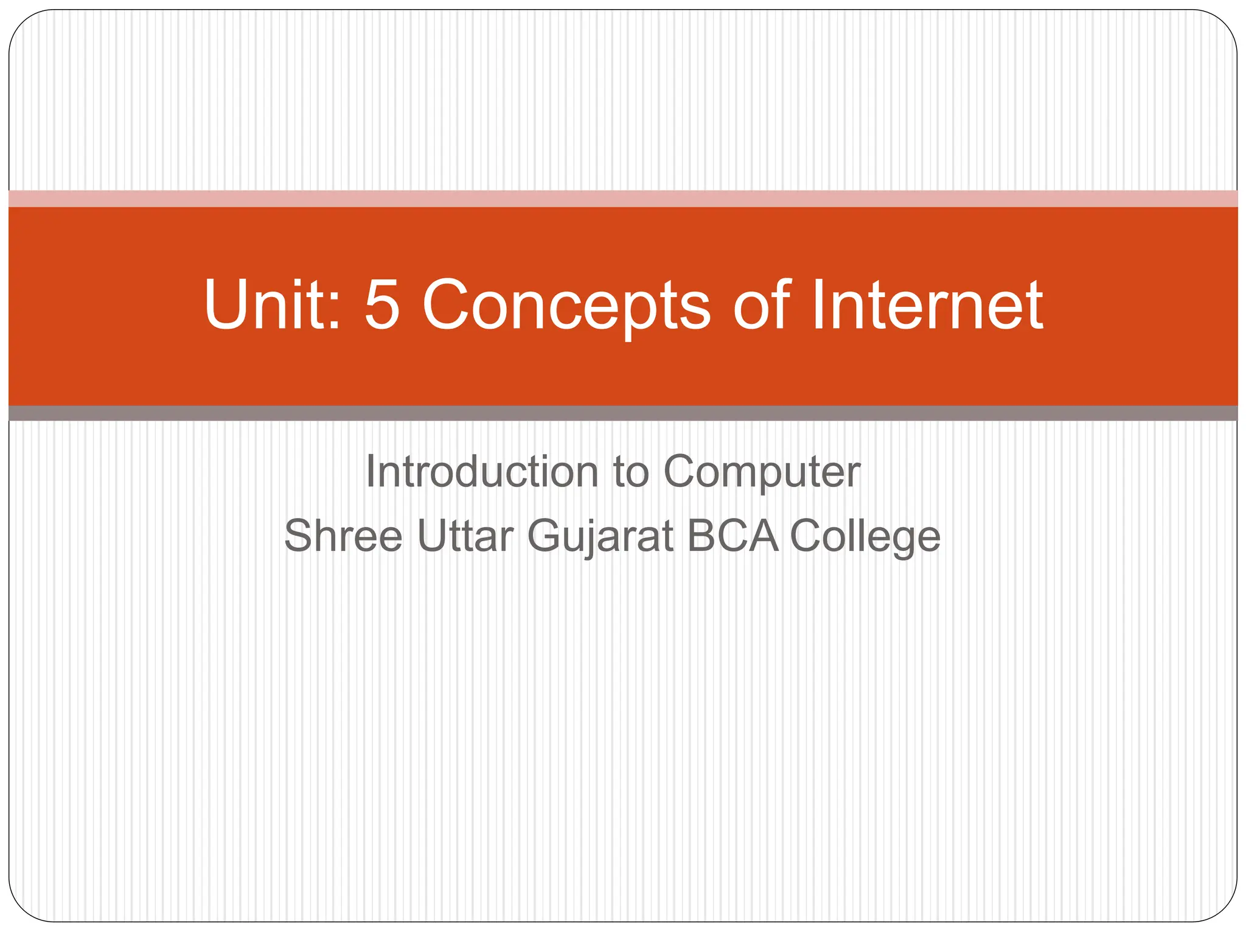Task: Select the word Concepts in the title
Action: [x=566, y=306]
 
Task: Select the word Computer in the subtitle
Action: [x=762, y=472]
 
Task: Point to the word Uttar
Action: [x=465, y=536]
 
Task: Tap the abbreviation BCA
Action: [x=733, y=536]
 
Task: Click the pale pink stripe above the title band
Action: [x=623, y=198]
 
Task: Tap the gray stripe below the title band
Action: [x=623, y=413]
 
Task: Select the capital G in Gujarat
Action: [x=546, y=535]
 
